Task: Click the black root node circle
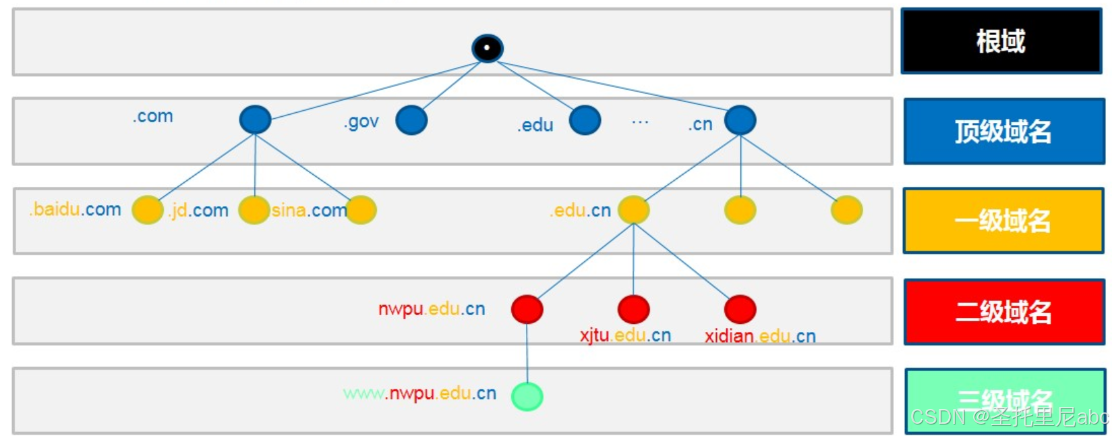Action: tap(487, 48)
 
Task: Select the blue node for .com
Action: tap(255, 120)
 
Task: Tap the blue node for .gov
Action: tap(411, 120)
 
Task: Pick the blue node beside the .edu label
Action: tap(585, 120)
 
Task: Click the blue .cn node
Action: tap(740, 120)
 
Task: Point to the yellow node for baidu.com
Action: tap(147, 210)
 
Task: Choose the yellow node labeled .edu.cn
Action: tap(633, 210)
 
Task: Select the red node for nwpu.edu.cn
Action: tap(527, 309)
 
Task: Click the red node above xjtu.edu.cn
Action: tap(633, 309)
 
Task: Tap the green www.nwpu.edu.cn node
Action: tap(527, 396)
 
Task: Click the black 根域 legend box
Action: tap(1001, 41)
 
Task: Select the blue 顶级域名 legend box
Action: tap(1003, 131)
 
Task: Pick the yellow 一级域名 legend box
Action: tap(1003, 221)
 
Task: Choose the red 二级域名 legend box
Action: tap(1003, 312)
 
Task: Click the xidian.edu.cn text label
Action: tap(760, 336)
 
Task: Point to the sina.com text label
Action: tap(309, 211)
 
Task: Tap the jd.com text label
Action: tap(200, 211)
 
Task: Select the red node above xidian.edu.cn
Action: tap(740, 309)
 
